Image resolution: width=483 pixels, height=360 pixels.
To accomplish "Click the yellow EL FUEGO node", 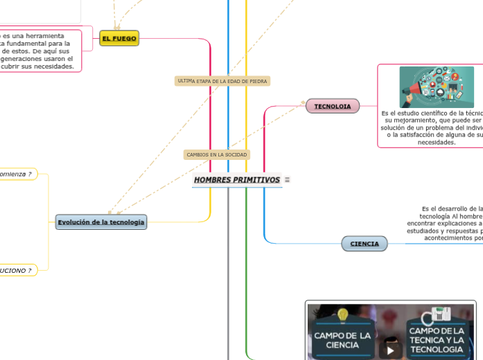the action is [x=119, y=39].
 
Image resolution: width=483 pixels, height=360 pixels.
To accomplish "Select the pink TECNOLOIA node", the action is [x=333, y=106].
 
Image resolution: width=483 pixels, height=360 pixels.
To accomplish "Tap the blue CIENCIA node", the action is [x=365, y=244].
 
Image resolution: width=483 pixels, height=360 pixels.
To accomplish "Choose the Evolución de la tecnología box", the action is [x=101, y=222].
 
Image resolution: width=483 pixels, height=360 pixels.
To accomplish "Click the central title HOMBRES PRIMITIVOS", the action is [x=237, y=180].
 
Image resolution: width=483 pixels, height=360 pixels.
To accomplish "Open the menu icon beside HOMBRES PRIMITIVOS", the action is [x=287, y=180].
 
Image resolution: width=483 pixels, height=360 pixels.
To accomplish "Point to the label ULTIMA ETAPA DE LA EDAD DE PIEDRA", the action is [x=222, y=81].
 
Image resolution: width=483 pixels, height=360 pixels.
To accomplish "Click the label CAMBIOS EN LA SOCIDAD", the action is [x=217, y=154].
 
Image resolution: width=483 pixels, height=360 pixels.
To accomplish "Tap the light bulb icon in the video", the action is [x=342, y=314].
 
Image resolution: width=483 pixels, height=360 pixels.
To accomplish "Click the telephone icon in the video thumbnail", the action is [x=437, y=314].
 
